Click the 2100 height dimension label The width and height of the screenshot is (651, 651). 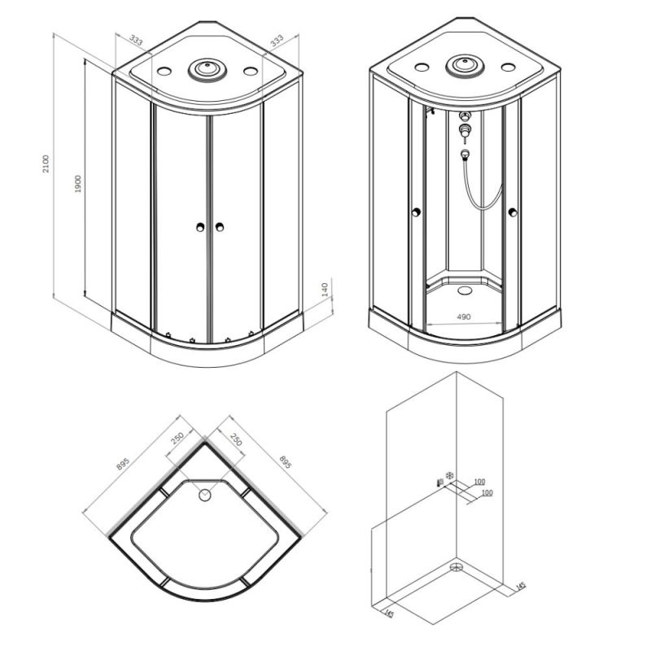coord(46,164)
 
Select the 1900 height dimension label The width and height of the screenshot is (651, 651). coord(78,184)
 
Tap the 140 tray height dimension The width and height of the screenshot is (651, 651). coord(325,290)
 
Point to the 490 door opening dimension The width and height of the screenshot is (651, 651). coord(464,317)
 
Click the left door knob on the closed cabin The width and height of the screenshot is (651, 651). coord(200,227)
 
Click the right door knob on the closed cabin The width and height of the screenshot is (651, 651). coord(219,227)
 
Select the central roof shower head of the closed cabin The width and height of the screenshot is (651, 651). coord(208,69)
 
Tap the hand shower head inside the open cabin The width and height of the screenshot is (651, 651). coord(465,154)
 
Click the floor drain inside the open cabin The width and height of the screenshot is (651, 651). coord(464,290)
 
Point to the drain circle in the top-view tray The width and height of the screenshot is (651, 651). coord(205,495)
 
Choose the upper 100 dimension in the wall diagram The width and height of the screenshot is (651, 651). coord(479,482)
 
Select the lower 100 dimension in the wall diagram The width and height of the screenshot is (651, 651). coord(487,493)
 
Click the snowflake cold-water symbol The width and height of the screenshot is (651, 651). coord(449,475)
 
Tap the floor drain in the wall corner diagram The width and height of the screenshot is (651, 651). coord(457,567)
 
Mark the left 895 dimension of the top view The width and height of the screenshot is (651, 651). coord(123,464)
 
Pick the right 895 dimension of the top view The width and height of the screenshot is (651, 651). coord(286,461)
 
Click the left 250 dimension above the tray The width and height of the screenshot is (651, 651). coord(177,439)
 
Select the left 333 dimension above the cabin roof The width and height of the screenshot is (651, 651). coord(136,40)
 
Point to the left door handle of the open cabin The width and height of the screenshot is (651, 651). coord(416,212)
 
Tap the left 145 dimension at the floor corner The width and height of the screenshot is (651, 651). coord(389,614)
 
